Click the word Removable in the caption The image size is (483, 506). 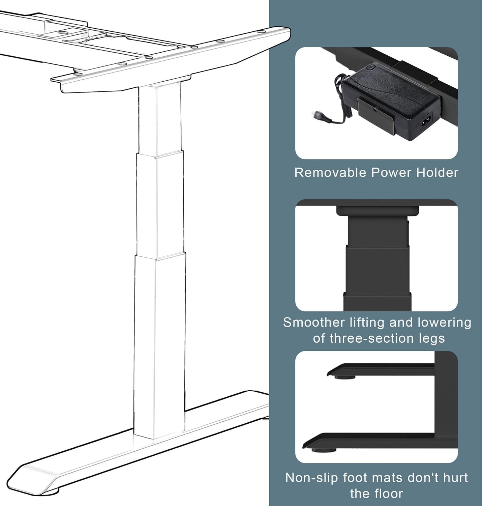330,172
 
